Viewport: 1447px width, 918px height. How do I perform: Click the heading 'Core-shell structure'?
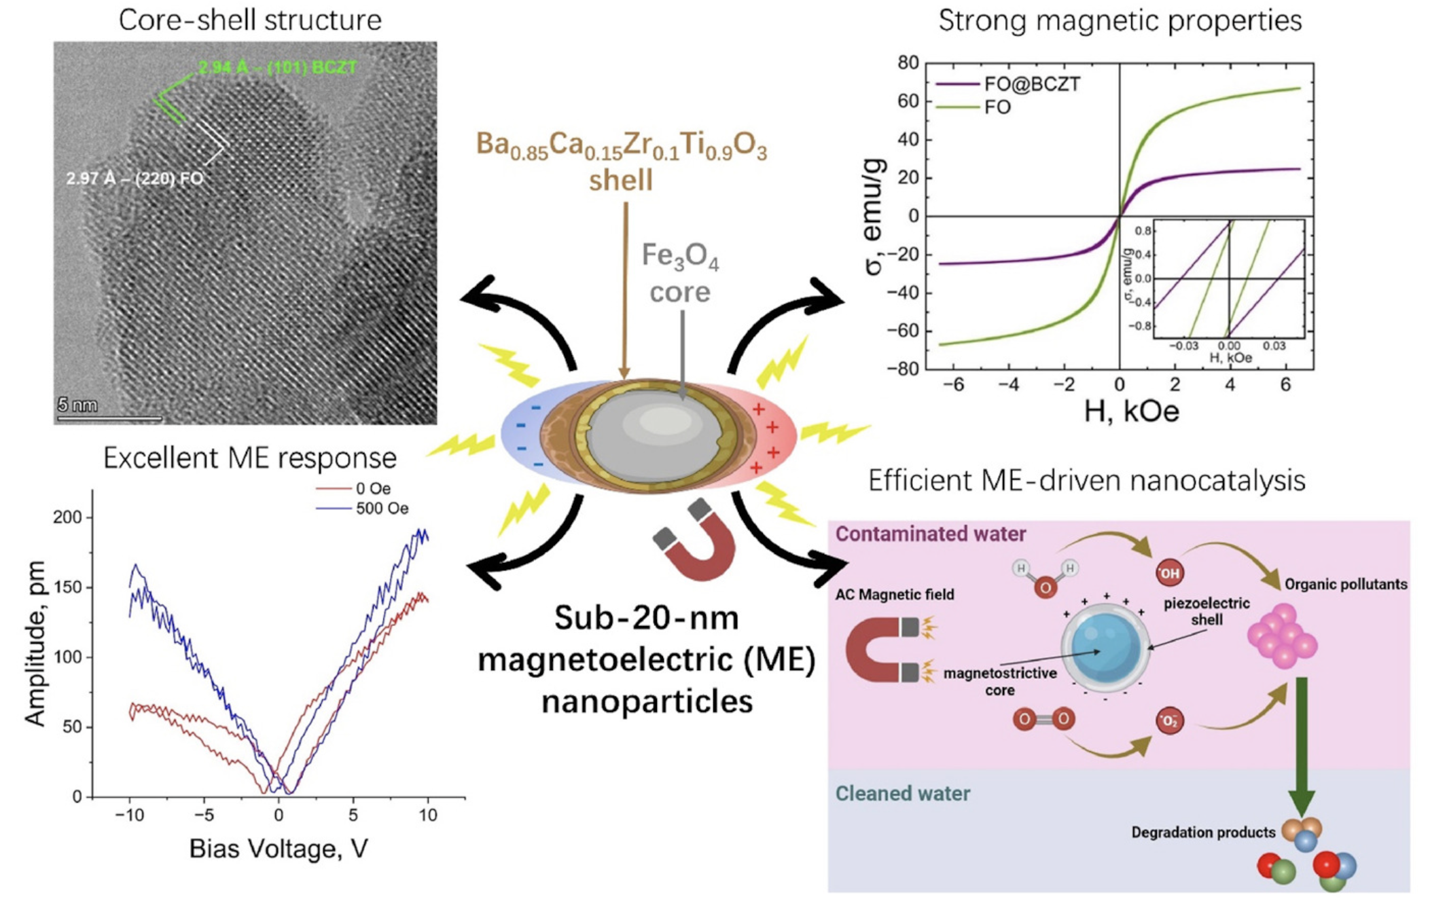click(250, 20)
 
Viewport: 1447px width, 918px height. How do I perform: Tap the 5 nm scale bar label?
click(77, 405)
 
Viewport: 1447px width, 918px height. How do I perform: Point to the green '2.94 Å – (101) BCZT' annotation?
click(277, 67)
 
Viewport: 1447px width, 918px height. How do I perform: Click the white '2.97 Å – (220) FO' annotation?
click(135, 179)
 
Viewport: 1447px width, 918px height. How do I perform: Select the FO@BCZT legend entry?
click(1007, 84)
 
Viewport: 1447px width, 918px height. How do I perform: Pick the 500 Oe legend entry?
click(362, 509)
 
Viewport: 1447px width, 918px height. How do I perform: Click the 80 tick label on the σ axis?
click(908, 62)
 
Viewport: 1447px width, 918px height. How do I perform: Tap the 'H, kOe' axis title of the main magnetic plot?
click(1131, 411)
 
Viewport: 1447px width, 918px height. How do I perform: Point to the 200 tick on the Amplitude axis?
click(67, 517)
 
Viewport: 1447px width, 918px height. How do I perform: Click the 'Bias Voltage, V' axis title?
click(279, 848)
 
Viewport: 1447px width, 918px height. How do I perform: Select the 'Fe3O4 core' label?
click(680, 274)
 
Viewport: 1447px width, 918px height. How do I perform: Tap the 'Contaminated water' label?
click(931, 534)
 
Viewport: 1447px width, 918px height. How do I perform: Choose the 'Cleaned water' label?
click(903, 793)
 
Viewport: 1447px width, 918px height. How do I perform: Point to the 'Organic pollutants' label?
click(1346, 584)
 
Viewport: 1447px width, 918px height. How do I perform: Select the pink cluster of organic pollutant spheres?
click(1283, 636)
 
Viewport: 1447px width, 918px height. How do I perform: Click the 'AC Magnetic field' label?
click(895, 595)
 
